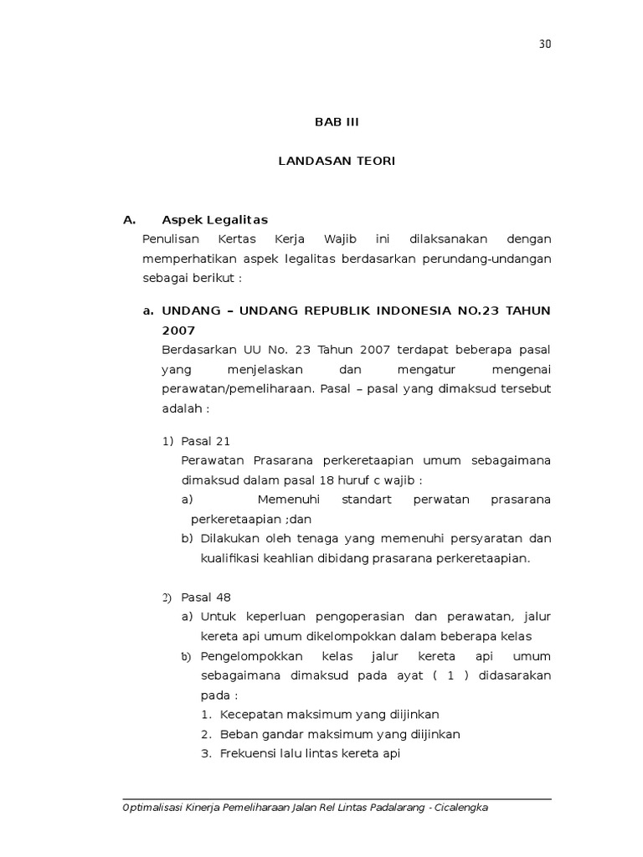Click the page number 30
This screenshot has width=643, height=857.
(545, 44)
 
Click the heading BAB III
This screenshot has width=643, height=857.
(336, 122)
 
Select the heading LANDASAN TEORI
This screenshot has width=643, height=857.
(336, 161)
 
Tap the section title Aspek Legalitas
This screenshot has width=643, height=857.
(214, 220)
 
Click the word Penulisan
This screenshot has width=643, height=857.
(171, 239)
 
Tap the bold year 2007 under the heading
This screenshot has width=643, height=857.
(178, 331)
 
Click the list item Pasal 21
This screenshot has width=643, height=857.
(205, 441)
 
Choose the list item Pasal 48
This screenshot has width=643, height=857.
(205, 598)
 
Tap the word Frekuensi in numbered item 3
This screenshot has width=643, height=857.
(249, 754)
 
